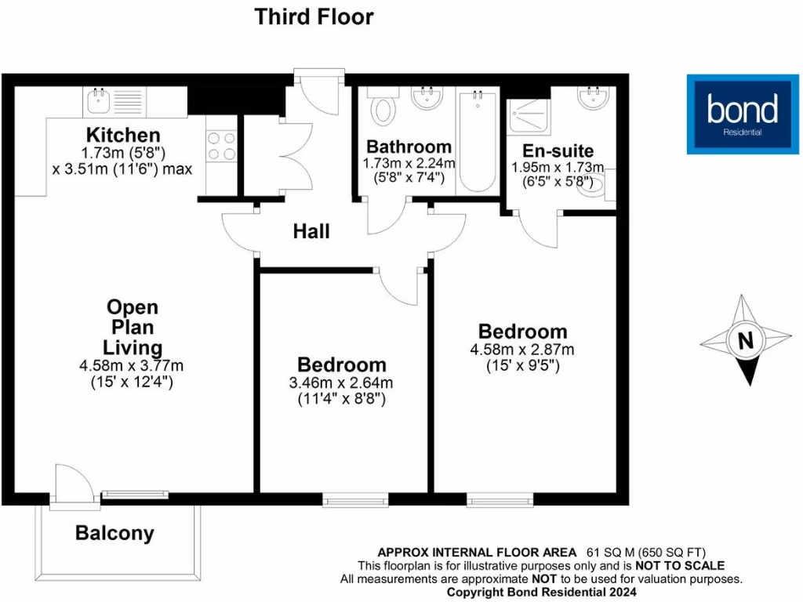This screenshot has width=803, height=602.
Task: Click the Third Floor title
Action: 314,16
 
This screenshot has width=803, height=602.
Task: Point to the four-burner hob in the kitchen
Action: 221,146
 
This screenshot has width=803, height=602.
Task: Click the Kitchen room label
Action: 123,135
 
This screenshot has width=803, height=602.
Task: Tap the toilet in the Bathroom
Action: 383,109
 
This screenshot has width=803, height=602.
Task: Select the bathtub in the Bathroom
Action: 478,141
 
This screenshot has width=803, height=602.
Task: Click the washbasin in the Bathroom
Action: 427,98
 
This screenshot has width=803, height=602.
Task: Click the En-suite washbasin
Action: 594,97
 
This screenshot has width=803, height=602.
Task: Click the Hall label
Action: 311,231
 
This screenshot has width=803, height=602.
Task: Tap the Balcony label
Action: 114,534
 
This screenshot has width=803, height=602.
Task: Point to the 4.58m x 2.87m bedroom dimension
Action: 522,349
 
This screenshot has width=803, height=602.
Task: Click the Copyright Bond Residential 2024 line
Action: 540,593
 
